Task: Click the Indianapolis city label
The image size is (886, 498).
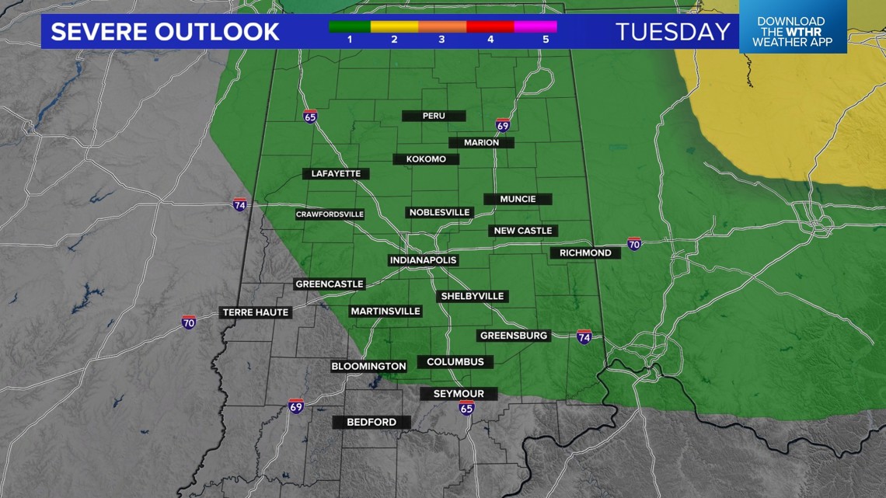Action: pyautogui.click(x=423, y=259)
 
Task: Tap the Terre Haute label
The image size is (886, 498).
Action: pyautogui.click(x=256, y=312)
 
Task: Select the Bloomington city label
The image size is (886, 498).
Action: pyautogui.click(x=368, y=366)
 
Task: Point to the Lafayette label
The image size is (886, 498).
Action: pyautogui.click(x=336, y=173)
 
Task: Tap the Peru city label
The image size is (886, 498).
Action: pyautogui.click(x=433, y=116)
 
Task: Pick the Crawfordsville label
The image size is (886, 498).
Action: pyautogui.click(x=330, y=214)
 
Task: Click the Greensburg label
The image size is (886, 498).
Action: pyautogui.click(x=514, y=336)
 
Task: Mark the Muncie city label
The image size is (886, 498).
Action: pyautogui.click(x=518, y=199)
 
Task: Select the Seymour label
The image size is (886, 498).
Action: pyautogui.click(x=459, y=394)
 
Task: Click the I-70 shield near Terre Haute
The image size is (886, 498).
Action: pyautogui.click(x=189, y=322)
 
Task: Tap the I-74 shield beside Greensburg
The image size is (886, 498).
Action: pyautogui.click(x=584, y=336)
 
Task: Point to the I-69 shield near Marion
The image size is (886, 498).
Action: pyautogui.click(x=503, y=125)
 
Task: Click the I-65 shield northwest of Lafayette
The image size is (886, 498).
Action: pyautogui.click(x=310, y=117)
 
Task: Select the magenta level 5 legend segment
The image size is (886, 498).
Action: pyautogui.click(x=535, y=26)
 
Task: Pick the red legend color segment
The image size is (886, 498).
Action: pyautogui.click(x=490, y=26)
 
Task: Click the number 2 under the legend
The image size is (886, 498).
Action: pyautogui.click(x=395, y=39)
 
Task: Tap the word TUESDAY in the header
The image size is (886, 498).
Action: pyautogui.click(x=673, y=32)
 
